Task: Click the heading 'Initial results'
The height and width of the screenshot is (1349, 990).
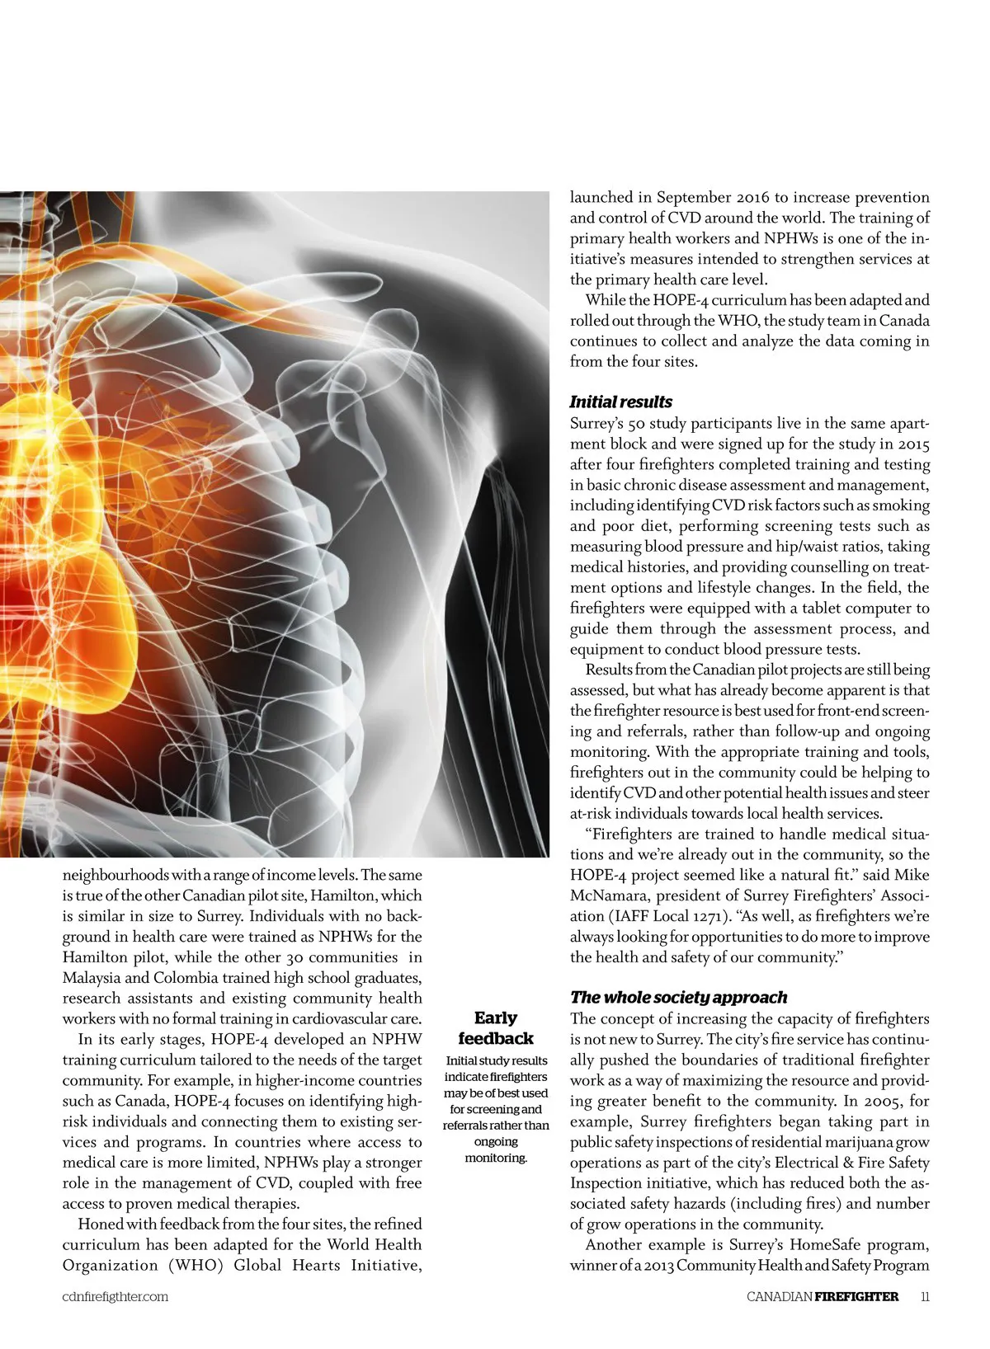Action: tap(620, 402)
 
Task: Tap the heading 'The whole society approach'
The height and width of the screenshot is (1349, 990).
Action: tap(678, 998)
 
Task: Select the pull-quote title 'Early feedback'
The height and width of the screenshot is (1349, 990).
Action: tap(496, 1028)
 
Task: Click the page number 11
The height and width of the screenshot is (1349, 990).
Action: tap(925, 1296)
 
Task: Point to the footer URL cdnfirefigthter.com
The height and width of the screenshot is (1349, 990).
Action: tap(115, 1296)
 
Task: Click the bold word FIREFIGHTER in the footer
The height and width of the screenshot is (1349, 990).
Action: tap(856, 1296)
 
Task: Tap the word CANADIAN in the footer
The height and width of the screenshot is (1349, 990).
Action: tap(779, 1296)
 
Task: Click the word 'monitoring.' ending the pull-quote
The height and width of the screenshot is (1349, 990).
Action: tap(496, 1158)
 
